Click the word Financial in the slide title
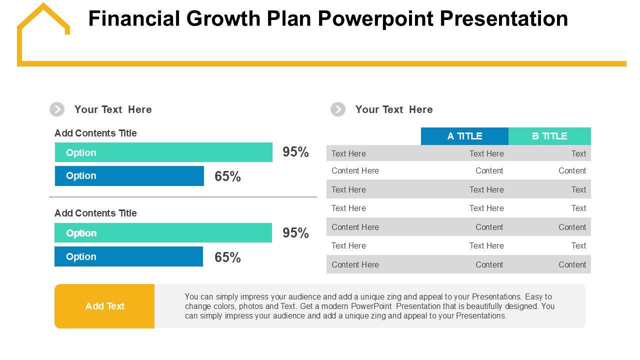coord(133,19)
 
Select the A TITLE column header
coord(464,136)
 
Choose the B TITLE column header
coord(549,136)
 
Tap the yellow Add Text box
coord(104,306)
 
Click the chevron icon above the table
coord(338,109)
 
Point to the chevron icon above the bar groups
coord(57,109)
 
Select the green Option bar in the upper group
coord(163,152)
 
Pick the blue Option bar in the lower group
coord(128,256)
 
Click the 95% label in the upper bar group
coord(295,152)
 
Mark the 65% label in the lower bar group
coord(227,257)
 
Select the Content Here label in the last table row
coord(355,264)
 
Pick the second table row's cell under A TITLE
coord(489,170)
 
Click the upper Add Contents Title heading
coord(95,133)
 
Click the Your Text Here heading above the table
coord(394,109)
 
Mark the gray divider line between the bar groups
coord(183,197)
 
